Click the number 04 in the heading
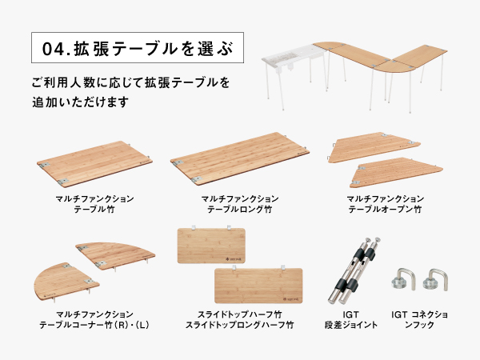(x=56, y=49)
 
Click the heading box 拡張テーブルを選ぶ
(x=134, y=49)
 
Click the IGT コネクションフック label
(x=421, y=320)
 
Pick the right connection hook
(x=436, y=280)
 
